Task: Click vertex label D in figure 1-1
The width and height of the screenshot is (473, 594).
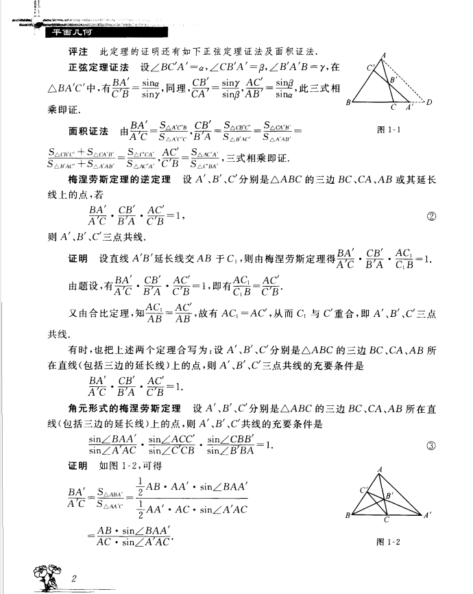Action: click(430, 104)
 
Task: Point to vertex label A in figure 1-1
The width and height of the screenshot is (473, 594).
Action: click(383, 56)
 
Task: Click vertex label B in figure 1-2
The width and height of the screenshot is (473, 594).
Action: click(349, 515)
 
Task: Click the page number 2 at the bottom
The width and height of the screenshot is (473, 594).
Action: click(73, 580)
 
